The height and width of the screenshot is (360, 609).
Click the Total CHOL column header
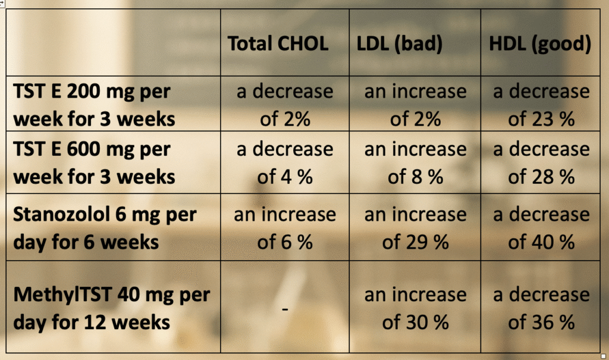[x=278, y=45]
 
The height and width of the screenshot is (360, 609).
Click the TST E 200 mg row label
[x=94, y=105]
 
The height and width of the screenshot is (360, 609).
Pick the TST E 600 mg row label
[x=94, y=163]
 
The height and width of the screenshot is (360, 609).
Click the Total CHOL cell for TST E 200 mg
[x=285, y=105]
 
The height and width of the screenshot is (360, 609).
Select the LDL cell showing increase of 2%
[x=415, y=105]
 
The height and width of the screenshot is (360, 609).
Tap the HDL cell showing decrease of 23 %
[x=541, y=105]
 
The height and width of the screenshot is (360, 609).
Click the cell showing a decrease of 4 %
[x=285, y=163]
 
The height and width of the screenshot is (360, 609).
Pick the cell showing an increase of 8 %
[x=415, y=163]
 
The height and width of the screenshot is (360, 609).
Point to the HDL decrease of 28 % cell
[x=541, y=163]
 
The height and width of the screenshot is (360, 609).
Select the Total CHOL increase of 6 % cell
[x=285, y=228]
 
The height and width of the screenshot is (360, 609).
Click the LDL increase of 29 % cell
[x=415, y=228]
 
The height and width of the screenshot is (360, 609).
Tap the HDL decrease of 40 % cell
[x=541, y=228]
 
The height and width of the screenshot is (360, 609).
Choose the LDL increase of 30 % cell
[x=415, y=309]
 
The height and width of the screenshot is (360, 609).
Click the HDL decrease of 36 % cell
[x=541, y=309]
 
